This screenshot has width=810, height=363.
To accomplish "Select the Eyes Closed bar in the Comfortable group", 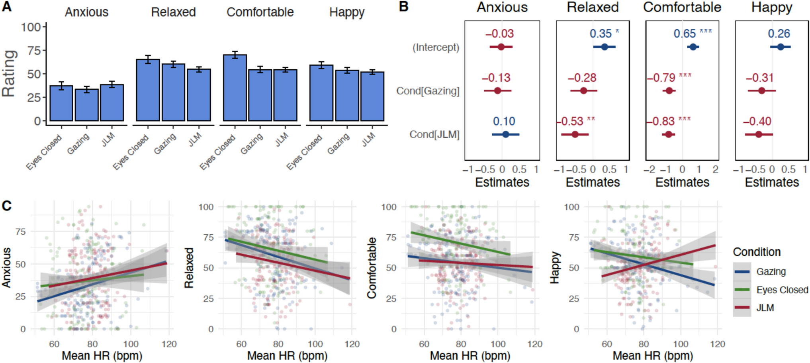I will [235, 88].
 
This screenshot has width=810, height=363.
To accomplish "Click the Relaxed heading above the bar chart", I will [173, 12].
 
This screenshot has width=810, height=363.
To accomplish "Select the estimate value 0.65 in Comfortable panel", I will [684, 34].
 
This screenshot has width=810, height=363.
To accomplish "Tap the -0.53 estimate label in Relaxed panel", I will [570, 121].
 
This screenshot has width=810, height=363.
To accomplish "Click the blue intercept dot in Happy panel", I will [780, 47].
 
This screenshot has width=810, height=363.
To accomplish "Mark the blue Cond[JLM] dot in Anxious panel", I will [505, 134].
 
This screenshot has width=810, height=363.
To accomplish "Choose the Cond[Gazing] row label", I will [428, 91].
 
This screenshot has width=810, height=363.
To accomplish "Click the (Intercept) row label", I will [436, 47].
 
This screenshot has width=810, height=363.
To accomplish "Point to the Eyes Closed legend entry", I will [782, 290].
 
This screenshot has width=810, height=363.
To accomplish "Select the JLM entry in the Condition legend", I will [765, 308].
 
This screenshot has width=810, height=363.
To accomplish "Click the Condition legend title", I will [757, 252].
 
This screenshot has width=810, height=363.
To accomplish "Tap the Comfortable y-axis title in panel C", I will [372, 267].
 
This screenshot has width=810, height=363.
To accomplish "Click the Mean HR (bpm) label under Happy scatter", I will [653, 355].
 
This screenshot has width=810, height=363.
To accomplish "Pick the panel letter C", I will [7, 206].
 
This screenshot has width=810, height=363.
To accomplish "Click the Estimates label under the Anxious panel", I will [502, 182].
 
